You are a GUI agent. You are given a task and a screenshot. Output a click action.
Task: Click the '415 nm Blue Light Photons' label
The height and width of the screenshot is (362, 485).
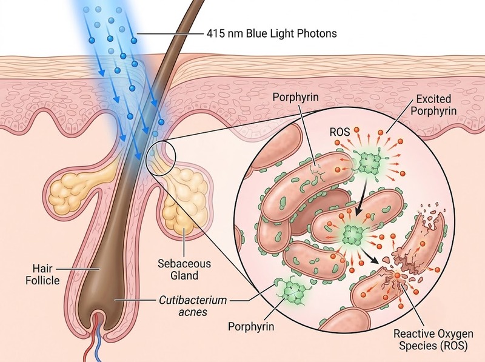[x=271, y=33]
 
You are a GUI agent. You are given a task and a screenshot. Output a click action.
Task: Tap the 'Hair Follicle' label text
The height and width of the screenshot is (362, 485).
[x=42, y=275]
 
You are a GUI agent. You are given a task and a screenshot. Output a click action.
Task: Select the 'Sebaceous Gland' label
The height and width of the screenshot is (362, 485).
[x=184, y=269]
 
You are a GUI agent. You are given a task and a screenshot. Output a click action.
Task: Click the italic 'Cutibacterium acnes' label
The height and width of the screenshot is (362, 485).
[x=193, y=306]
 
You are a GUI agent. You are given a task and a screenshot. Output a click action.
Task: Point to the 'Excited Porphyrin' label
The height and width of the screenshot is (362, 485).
[x=433, y=105]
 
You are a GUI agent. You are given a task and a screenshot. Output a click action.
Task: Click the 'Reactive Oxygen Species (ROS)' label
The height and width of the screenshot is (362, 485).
[x=433, y=340]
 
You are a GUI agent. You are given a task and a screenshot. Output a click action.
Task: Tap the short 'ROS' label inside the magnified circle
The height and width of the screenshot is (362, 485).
[x=339, y=132]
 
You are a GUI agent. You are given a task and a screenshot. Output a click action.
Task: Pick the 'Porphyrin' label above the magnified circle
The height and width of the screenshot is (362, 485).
[x=295, y=97]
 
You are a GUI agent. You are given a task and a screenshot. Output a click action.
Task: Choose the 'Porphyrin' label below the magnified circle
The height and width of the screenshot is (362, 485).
[x=251, y=326]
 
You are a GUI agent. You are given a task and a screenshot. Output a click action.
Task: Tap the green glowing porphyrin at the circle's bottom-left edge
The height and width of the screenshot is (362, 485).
[x=290, y=291]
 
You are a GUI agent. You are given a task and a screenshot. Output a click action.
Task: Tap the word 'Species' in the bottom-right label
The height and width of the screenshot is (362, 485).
[x=416, y=346]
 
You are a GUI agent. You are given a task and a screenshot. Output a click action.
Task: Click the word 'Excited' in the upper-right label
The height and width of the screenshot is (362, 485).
[x=433, y=99]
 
